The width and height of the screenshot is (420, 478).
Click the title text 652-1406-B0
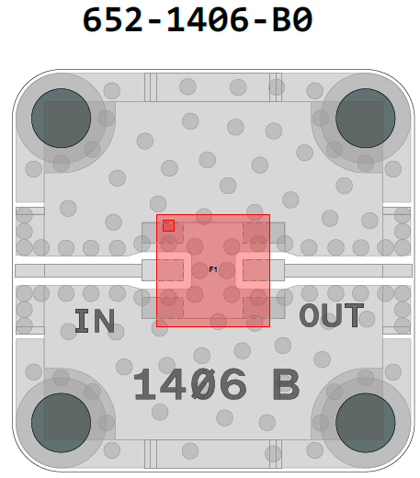tap(198, 19)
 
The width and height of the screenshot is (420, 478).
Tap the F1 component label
tap(213, 269)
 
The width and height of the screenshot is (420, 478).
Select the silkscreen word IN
tap(95, 321)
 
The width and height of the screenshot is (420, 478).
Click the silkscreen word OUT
tap(332, 315)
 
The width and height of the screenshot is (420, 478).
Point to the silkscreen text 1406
tap(190, 384)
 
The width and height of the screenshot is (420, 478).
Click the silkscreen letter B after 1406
tap(287, 384)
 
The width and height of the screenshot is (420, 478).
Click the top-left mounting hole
tap(61, 118)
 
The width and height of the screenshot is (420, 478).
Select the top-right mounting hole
tap(366, 118)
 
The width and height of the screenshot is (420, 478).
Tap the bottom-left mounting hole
tap(61, 423)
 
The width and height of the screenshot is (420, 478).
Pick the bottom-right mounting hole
tap(366, 423)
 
